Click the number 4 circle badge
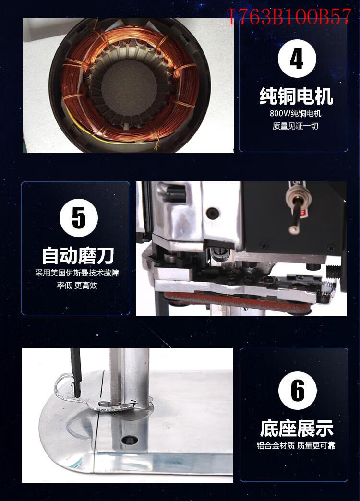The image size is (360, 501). click(x=297, y=59)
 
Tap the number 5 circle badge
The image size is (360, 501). click(x=79, y=217)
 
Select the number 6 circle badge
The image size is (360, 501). click(x=297, y=391)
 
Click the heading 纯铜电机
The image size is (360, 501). click(x=296, y=96)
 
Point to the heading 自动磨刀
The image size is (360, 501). click(x=78, y=255)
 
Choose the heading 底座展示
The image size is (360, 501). click(x=296, y=428)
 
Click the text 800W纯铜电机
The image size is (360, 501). click(x=295, y=113)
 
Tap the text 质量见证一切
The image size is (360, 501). click(x=295, y=126)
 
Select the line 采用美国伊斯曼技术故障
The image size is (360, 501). click(x=77, y=273)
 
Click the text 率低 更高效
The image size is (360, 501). click(x=77, y=286)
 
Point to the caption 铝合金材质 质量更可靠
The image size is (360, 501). click(x=296, y=445)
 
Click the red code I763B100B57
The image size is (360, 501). click(x=289, y=17)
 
